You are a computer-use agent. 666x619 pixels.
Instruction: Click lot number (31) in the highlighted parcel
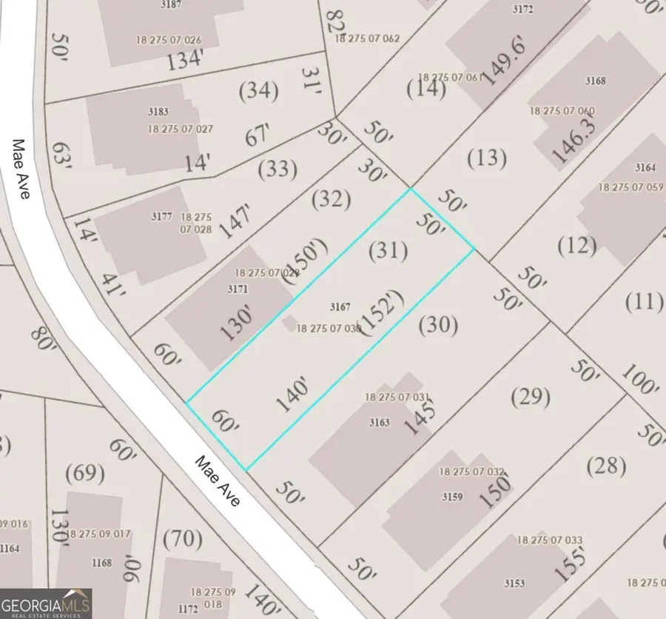click(x=388, y=251)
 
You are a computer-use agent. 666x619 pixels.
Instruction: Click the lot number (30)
click(x=438, y=324)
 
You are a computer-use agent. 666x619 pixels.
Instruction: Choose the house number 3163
click(x=379, y=424)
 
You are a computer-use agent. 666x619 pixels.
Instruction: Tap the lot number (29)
click(x=531, y=397)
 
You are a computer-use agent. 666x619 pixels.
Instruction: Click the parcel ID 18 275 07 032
click(x=471, y=472)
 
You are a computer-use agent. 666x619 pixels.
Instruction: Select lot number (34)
click(x=259, y=92)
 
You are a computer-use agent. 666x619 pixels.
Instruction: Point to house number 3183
click(x=158, y=112)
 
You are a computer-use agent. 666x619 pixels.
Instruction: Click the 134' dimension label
click(x=185, y=59)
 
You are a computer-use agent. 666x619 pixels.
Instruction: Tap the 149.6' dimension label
click(x=500, y=62)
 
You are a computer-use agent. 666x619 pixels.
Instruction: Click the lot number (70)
click(x=181, y=538)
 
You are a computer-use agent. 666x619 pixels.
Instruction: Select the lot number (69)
click(x=86, y=472)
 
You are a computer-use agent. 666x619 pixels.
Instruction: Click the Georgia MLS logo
click(x=46, y=603)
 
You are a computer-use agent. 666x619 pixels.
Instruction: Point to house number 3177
click(x=161, y=217)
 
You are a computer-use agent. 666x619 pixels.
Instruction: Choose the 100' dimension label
click(x=639, y=380)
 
